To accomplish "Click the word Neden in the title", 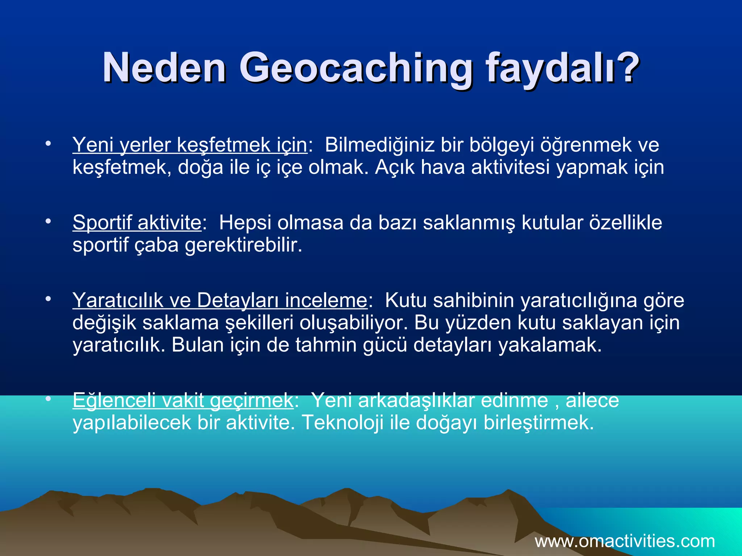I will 164,68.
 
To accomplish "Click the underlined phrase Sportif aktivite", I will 137,222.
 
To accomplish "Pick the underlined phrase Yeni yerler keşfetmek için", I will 190,145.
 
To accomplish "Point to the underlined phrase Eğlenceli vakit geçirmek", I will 183,400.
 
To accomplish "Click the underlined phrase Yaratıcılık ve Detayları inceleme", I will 220,300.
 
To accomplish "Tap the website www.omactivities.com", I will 625,541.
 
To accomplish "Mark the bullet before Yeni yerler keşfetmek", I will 48,144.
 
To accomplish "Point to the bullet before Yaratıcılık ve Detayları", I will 48,299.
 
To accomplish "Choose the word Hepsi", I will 245,222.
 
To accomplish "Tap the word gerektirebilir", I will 243,245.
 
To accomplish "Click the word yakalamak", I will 550,345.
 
